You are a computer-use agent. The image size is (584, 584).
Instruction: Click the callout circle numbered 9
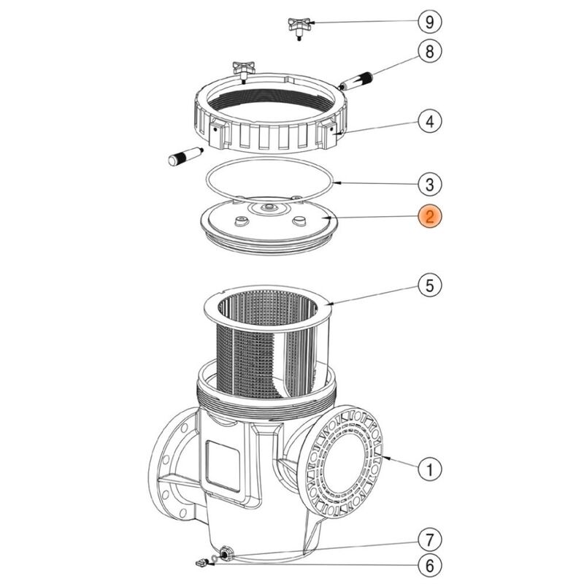coord(430,23)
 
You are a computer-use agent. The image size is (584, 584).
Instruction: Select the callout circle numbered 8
coord(430,51)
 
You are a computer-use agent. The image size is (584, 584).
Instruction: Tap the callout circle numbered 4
coord(430,121)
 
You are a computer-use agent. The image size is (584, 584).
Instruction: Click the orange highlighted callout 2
coord(430,216)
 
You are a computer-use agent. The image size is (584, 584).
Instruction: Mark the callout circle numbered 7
coord(430,540)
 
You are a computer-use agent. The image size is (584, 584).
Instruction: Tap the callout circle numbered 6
coord(430,564)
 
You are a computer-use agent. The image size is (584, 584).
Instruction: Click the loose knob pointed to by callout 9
coord(300,28)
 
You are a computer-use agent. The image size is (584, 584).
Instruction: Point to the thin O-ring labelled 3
coord(270,178)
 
